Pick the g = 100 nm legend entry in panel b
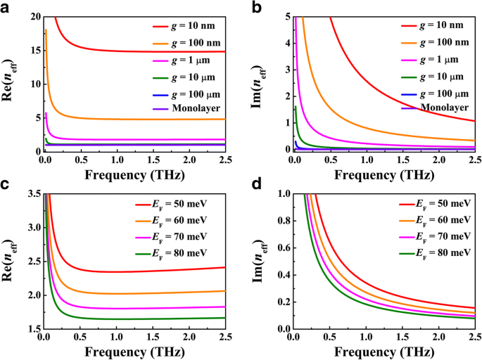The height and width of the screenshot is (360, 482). click(433, 42)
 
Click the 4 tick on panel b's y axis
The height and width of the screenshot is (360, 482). click(284, 43)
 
